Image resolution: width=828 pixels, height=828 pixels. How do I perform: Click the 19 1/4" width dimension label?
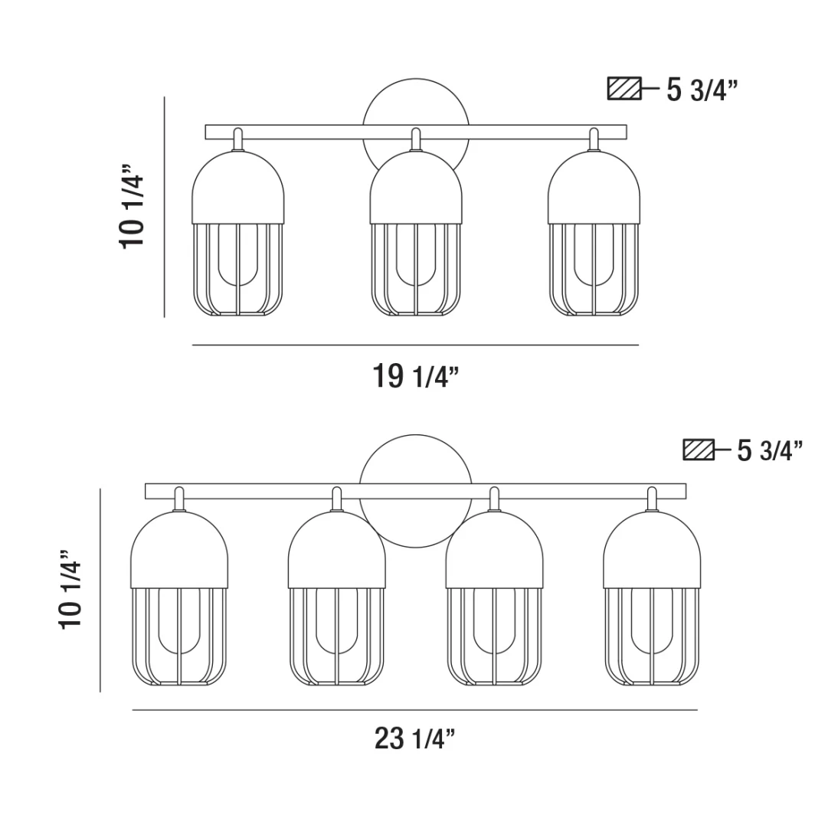(416, 376)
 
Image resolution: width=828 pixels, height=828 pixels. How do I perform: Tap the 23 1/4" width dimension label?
(414, 738)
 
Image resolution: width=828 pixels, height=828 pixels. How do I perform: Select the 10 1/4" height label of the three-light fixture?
(131, 207)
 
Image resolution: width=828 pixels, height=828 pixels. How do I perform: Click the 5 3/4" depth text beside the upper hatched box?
(702, 90)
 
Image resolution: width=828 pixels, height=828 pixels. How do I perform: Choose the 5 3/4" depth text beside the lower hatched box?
(770, 450)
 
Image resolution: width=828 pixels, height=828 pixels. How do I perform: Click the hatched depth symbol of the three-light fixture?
(624, 89)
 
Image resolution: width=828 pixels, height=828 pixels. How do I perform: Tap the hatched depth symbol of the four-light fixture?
(699, 450)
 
